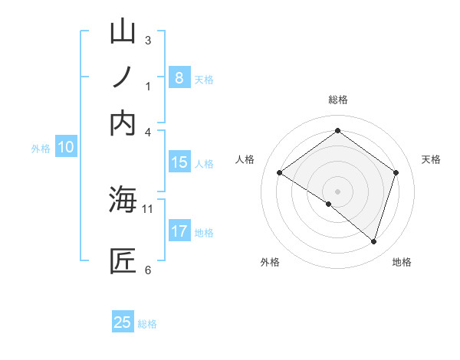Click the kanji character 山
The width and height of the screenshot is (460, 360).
123,32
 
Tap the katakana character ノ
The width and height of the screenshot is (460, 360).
123,77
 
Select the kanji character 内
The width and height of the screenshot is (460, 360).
123,123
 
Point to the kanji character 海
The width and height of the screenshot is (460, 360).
123,200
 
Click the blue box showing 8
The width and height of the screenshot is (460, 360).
179,77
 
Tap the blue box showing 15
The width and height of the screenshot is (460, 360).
179,162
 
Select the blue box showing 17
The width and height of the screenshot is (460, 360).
179,231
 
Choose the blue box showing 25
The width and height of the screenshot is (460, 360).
123,322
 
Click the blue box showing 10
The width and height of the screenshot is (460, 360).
66,147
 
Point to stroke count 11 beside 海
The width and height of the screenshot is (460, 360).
148,208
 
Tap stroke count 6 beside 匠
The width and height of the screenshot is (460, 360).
148,270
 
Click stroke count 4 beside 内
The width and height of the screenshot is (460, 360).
148,132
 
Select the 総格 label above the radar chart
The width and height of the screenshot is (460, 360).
337,100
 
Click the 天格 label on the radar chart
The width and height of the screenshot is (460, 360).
432,159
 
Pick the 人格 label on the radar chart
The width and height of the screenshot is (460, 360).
245,159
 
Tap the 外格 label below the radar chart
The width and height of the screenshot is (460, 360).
270,262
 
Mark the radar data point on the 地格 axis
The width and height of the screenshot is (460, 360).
373,242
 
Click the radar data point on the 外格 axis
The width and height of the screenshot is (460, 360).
329,204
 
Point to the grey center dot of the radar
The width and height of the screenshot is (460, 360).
337,191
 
